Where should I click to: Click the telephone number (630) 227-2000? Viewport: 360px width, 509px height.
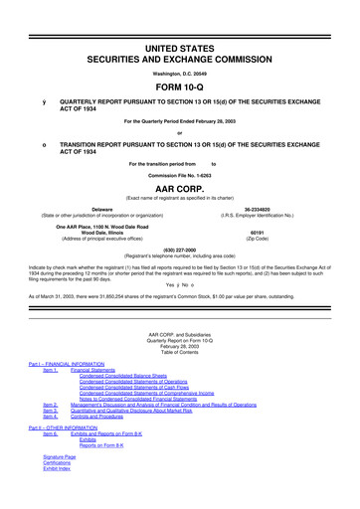coord(180,250)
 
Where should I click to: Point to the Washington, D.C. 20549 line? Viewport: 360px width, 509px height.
coord(180,46)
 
